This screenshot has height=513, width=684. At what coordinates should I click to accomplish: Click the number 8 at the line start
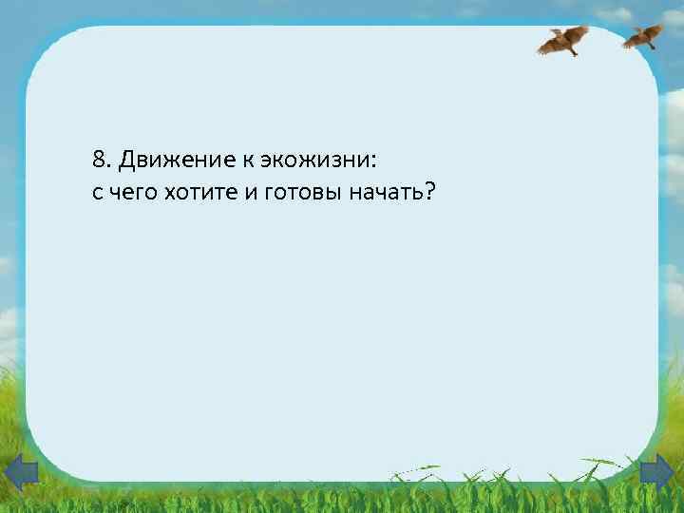click(100, 158)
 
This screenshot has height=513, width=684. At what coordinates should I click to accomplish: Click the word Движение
click(171, 158)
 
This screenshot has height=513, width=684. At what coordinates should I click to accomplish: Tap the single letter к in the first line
click(241, 159)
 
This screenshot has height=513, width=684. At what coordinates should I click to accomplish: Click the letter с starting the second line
click(98, 194)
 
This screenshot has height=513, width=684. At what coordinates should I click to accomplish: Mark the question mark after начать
click(429, 192)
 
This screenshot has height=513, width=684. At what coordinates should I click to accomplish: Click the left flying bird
click(563, 40)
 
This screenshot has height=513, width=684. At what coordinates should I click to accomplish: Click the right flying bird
click(642, 35)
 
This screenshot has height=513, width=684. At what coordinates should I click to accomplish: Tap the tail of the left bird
click(574, 51)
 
